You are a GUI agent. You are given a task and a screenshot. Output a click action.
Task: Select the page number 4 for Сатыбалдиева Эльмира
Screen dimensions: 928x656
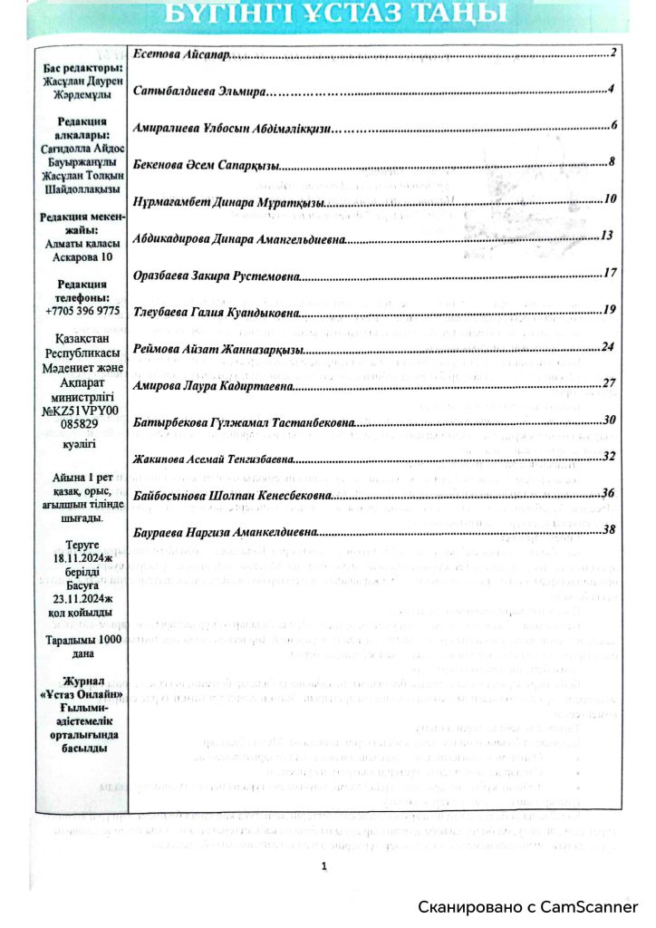point(613,89)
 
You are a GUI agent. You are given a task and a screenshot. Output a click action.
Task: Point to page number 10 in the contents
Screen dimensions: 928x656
point(610,198)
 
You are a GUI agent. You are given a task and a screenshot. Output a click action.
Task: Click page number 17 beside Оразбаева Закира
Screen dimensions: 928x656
point(610,273)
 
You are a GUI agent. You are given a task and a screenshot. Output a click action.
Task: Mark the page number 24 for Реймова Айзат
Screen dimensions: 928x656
point(609,348)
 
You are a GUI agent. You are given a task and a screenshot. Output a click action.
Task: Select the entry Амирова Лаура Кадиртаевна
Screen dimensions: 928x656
point(213,386)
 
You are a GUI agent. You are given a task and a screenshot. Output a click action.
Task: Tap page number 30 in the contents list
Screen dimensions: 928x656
point(610,420)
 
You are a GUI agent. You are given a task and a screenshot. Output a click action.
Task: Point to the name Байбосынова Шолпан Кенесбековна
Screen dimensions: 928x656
point(231,495)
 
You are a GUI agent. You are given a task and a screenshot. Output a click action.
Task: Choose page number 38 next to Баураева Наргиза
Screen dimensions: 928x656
point(609,529)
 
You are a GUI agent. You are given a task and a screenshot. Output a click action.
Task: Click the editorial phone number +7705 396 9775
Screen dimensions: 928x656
point(82,311)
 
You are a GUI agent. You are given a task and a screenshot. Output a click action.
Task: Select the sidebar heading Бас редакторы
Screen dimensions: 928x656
point(82,69)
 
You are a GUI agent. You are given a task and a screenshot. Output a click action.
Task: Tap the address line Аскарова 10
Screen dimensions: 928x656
point(82,256)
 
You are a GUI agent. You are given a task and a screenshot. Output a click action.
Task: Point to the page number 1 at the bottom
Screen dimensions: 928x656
point(323,866)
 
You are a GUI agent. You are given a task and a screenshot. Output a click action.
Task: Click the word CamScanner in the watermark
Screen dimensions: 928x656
point(593,906)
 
